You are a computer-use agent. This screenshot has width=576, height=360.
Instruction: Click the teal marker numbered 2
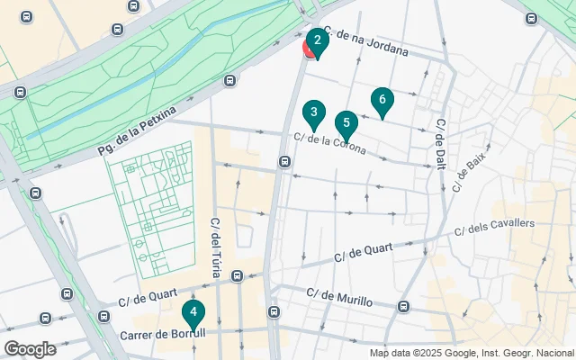tap(317, 41)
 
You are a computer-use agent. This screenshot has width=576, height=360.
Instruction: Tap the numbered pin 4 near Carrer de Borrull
tap(193, 312)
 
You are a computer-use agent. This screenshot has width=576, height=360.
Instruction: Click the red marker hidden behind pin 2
tap(308, 50)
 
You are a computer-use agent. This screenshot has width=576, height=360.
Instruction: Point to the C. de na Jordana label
tap(366, 42)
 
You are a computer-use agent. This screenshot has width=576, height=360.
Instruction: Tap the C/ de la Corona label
tap(329, 143)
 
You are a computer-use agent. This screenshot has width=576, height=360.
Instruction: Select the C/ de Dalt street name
tap(440, 141)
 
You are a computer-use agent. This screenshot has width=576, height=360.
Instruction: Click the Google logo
tap(30, 349)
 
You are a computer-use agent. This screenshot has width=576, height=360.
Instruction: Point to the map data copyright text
tap(471, 353)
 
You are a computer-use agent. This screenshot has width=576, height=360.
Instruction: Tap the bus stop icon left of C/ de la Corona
tap(284, 162)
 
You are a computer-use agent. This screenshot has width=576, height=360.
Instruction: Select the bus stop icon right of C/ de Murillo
tap(403, 306)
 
